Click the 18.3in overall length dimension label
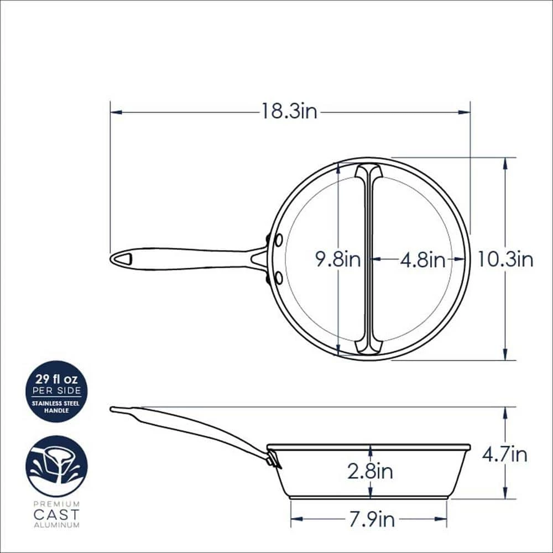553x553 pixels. (x=290, y=112)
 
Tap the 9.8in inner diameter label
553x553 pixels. (x=338, y=259)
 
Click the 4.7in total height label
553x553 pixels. (x=504, y=455)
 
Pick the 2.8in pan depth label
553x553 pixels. (x=370, y=471)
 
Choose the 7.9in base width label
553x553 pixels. (x=371, y=519)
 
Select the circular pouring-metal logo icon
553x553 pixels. (x=56, y=466)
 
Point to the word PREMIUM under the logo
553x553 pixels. (x=56, y=504)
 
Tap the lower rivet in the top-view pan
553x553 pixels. (x=278, y=277)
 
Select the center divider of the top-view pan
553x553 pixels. (x=368, y=259)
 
